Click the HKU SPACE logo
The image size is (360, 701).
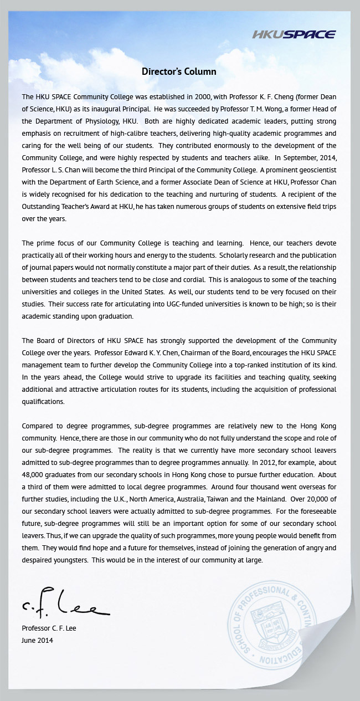pos(294,35)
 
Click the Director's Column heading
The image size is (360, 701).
pos(179,71)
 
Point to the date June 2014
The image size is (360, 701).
pos(38,640)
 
